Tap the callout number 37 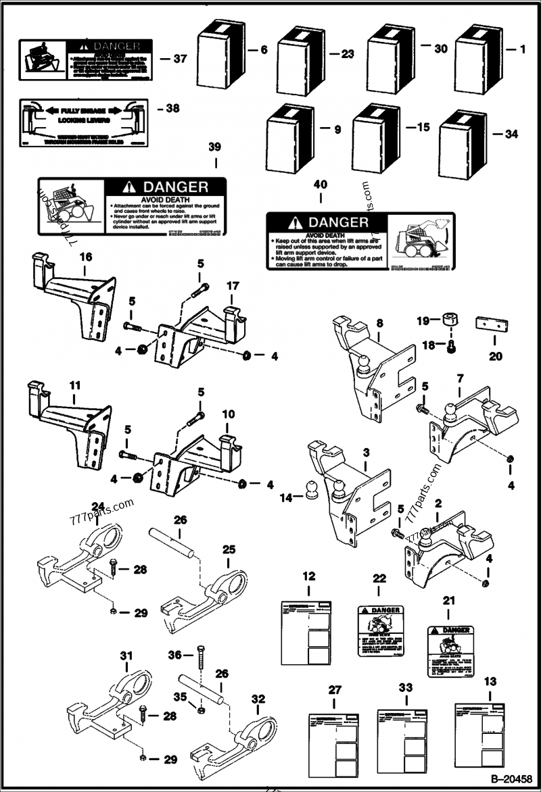click(179, 59)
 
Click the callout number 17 click(232, 287)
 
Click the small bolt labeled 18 click(452, 346)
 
